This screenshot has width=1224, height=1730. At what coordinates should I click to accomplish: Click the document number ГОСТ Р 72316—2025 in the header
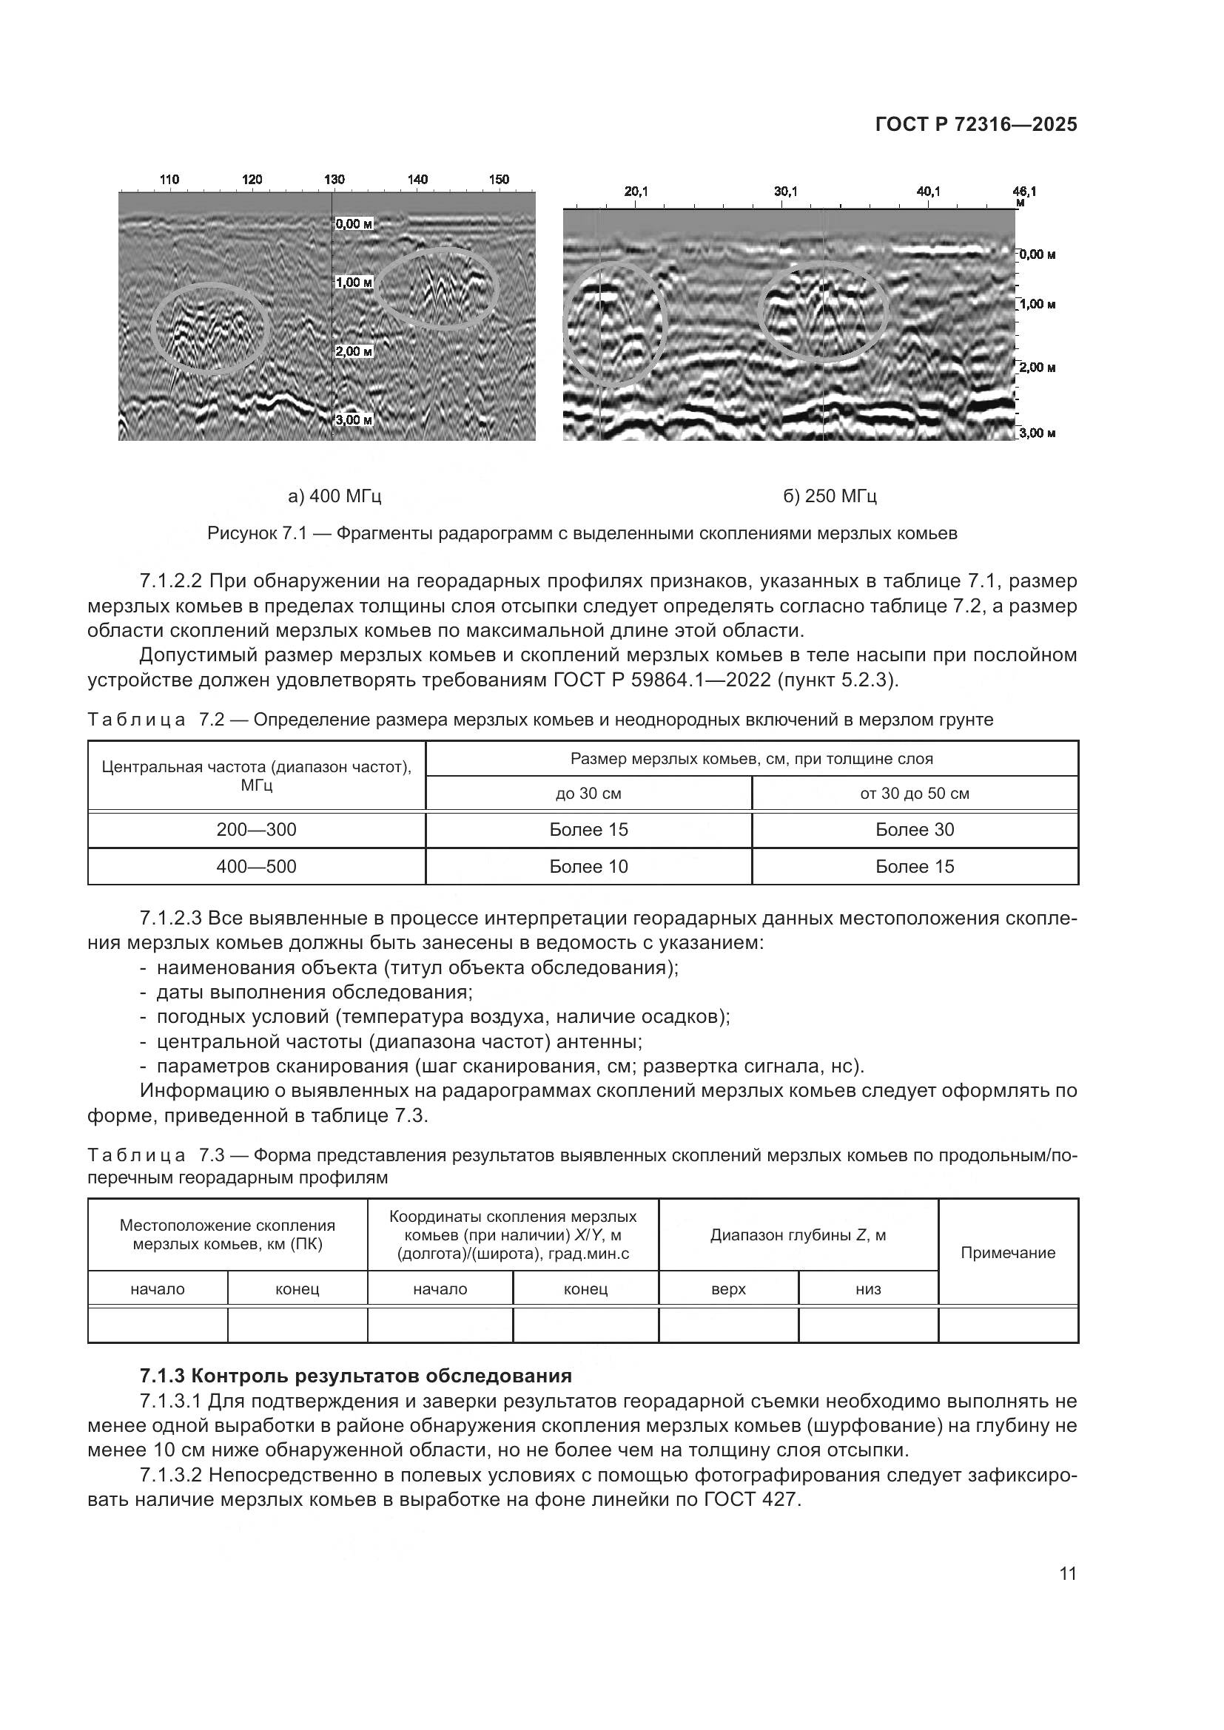[x=976, y=125]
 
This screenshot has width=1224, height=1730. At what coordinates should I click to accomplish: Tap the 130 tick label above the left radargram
[x=334, y=179]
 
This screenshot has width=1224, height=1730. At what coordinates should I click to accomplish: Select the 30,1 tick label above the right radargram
[x=785, y=192]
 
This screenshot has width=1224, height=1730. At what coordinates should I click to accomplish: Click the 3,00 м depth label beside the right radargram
[x=1037, y=433]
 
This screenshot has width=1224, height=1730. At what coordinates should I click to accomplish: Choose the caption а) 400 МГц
[x=334, y=496]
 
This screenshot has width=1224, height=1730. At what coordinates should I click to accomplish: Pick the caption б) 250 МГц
[x=830, y=496]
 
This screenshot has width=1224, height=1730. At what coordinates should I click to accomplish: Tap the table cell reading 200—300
[x=256, y=830]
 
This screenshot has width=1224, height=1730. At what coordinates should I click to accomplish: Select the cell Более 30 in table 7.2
[x=914, y=830]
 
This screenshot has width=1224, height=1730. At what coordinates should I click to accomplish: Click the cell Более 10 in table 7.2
[x=588, y=867]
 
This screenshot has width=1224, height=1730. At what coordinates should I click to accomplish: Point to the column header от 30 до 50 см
[x=914, y=794]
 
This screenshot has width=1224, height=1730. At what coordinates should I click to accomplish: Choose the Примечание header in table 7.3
[x=1008, y=1252]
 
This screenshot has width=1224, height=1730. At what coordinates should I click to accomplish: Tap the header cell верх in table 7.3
[x=728, y=1289]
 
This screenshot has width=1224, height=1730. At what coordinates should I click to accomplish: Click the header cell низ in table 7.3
[x=868, y=1289]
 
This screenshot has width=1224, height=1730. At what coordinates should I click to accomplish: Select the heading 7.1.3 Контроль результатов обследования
[x=356, y=1376]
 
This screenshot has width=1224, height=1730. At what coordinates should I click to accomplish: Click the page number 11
[x=1067, y=1573]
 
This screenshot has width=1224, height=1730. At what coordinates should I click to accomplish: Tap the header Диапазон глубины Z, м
[x=798, y=1235]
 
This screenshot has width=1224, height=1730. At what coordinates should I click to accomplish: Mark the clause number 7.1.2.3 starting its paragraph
[x=171, y=919]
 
